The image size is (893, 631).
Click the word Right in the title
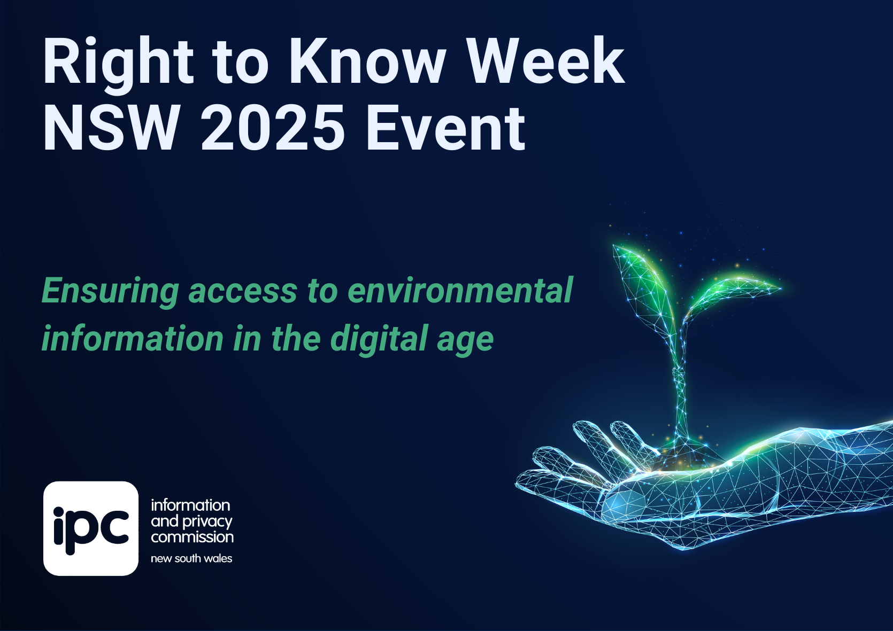[118, 64]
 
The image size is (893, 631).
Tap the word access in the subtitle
[243, 291]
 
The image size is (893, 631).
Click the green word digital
[379, 339]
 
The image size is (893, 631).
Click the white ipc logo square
[91, 528]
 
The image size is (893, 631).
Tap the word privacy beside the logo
[207, 522]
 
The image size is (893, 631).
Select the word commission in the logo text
[192, 537]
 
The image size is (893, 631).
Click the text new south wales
[191, 558]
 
